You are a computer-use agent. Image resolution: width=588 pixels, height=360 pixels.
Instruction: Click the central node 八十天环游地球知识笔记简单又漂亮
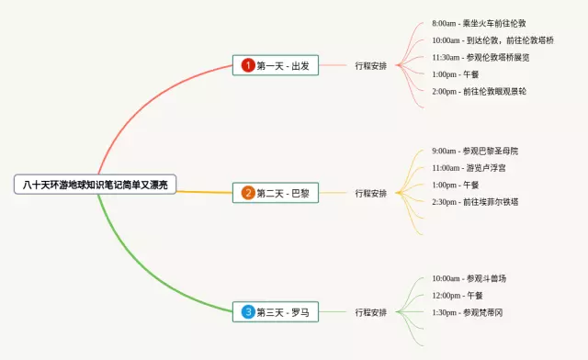coord(95,185)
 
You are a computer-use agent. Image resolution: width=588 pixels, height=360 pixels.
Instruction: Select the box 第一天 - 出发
coord(276,65)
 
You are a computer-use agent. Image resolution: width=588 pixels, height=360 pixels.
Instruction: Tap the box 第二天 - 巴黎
coord(276,193)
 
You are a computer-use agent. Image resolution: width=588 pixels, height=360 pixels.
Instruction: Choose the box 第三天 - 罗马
coord(276,311)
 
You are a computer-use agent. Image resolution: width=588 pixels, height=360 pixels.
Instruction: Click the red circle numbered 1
coord(248,65)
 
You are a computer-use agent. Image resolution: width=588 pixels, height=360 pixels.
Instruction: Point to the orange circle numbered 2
coord(248,193)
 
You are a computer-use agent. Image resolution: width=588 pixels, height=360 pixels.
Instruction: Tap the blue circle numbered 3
coord(248,311)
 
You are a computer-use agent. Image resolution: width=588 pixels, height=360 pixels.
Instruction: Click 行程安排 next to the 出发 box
coord(371,65)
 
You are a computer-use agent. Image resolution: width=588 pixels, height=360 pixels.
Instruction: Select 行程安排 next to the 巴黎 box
coord(371,193)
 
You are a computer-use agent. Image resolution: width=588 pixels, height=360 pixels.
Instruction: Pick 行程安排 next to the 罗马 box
coord(371,312)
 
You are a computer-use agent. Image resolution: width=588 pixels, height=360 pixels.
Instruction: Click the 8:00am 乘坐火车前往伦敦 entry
coord(479,23)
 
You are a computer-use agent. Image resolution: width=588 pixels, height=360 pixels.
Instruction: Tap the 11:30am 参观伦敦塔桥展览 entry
coord(481,57)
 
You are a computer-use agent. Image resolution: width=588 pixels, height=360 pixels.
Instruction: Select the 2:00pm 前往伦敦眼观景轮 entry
coord(480,91)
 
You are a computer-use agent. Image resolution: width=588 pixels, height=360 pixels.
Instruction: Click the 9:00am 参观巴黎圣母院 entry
coord(475,151)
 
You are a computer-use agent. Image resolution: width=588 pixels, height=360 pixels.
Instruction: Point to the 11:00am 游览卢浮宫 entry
coord(469,168)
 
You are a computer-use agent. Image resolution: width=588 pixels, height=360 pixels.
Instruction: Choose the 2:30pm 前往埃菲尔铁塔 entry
coord(475,202)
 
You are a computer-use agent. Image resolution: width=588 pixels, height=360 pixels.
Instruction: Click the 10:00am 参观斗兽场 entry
coord(469,278)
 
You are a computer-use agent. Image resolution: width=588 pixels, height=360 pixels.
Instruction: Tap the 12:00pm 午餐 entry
coord(458,295)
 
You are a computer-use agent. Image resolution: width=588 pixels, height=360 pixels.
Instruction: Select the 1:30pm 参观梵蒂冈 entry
coord(468,312)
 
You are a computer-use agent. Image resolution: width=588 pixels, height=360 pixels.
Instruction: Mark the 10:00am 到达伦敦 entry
coord(492,40)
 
